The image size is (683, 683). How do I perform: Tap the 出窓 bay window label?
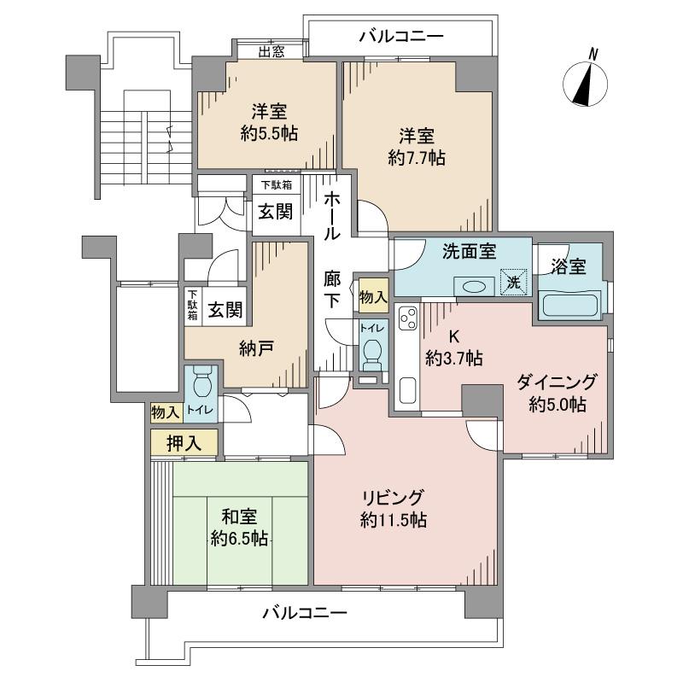click(x=271, y=51)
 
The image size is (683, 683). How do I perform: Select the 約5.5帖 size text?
click(x=268, y=133)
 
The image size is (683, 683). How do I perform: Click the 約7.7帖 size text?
click(x=415, y=157)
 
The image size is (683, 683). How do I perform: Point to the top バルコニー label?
click(x=400, y=36)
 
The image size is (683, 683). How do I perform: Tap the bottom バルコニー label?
click(x=304, y=612)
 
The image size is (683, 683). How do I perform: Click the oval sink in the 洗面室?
click(x=472, y=287)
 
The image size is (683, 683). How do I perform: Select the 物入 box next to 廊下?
click(x=373, y=296)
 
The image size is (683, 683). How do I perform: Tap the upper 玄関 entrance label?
click(x=274, y=210)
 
